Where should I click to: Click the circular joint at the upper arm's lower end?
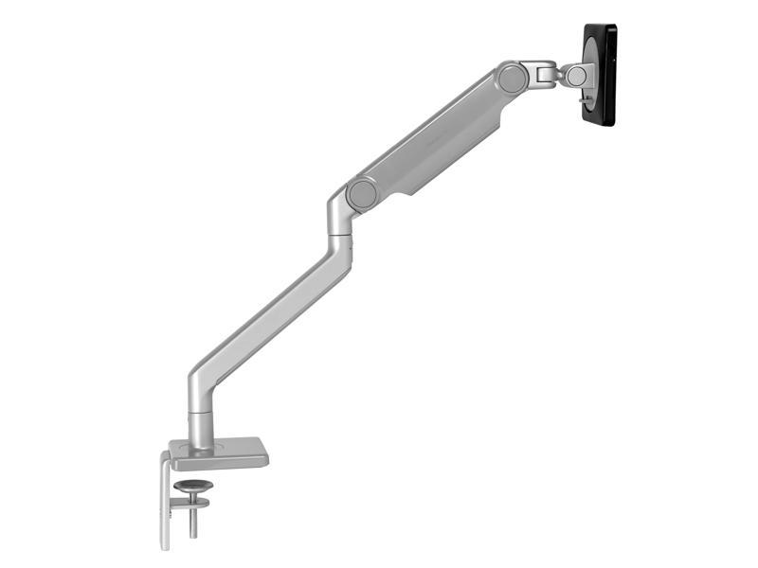tap(362, 194)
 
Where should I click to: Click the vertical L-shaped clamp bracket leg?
tap(165, 502)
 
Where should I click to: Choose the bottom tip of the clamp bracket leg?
tap(165, 545)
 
